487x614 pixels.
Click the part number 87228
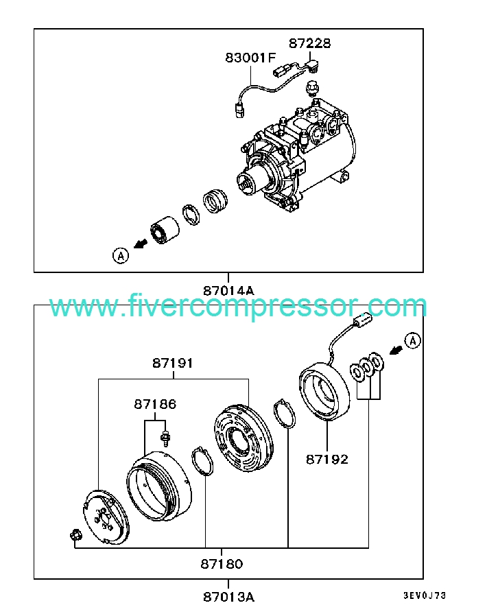pyautogui.click(x=309, y=43)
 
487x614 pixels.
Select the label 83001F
pyautogui.click(x=250, y=58)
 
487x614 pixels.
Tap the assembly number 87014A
pyautogui.click(x=228, y=291)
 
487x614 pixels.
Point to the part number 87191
pyautogui.click(x=173, y=363)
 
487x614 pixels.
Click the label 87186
pyautogui.click(x=155, y=403)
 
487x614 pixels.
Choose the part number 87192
pyautogui.click(x=327, y=459)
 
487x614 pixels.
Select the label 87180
pyautogui.click(x=222, y=564)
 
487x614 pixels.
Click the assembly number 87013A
pyautogui.click(x=228, y=597)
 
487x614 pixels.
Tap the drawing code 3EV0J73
pyautogui.click(x=425, y=595)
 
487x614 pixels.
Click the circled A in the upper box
pyautogui.click(x=121, y=256)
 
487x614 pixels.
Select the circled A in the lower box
pyautogui.click(x=413, y=341)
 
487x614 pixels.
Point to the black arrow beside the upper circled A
pyautogui.click(x=141, y=244)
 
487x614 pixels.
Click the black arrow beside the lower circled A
pyautogui.click(x=396, y=350)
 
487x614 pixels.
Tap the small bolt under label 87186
pyautogui.click(x=165, y=438)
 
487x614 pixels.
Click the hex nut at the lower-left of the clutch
pyautogui.click(x=75, y=534)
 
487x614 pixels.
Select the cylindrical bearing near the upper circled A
pyautogui.click(x=165, y=230)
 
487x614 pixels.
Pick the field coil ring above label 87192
pyautogui.click(x=324, y=391)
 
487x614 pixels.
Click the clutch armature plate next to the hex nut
pyautogui.click(x=106, y=517)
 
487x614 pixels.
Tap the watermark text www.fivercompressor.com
pyautogui.click(x=238, y=306)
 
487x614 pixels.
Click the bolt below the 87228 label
pyautogui.click(x=311, y=89)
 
